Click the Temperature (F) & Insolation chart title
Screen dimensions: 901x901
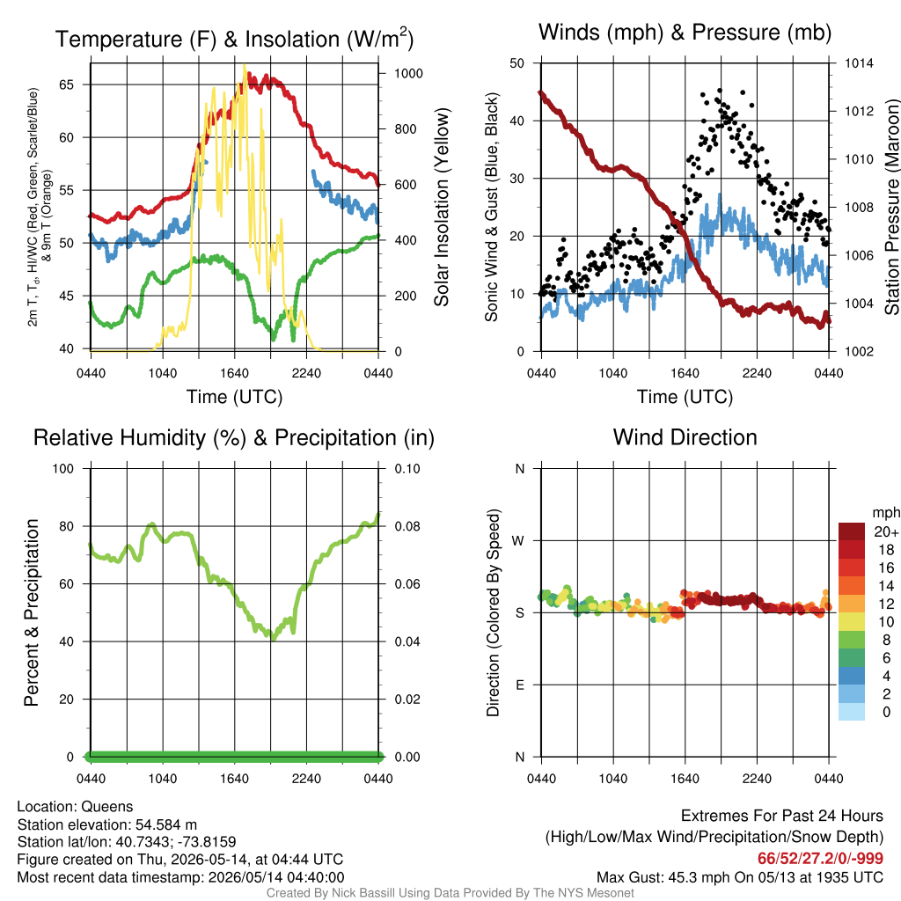[x=234, y=39]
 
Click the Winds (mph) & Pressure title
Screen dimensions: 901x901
[x=685, y=33]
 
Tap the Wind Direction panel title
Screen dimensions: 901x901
[x=685, y=437]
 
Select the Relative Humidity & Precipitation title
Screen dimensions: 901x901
[x=234, y=438]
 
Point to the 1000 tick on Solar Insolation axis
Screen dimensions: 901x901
[x=408, y=74]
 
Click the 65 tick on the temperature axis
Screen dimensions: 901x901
[x=67, y=85]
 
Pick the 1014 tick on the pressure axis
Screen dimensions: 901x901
[x=859, y=63]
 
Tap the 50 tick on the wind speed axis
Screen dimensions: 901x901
[x=517, y=63]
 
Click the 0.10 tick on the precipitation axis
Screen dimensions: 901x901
[x=407, y=469]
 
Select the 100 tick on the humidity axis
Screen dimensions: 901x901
[x=63, y=469]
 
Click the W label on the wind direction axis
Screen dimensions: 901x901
[x=518, y=541]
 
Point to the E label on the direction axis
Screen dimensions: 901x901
[x=519, y=685]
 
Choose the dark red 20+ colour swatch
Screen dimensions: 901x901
[x=852, y=531]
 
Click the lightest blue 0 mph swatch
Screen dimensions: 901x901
[x=852, y=712]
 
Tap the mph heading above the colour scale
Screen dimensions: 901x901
[x=885, y=513]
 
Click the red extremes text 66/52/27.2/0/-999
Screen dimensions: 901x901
[x=820, y=859]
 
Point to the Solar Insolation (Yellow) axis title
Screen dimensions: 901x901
[x=442, y=207]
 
